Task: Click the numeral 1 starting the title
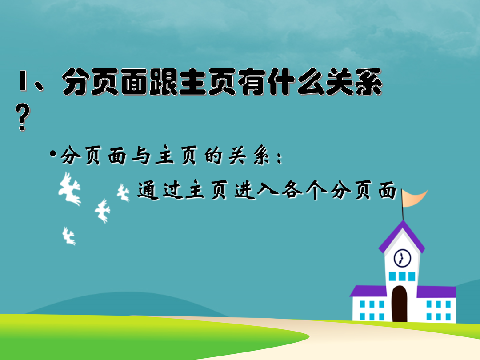23,81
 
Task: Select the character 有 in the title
252,81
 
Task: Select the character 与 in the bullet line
141,156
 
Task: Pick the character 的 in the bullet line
213,156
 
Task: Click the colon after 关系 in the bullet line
279,158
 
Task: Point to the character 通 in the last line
148,190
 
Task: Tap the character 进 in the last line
245,190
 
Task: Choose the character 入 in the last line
268,190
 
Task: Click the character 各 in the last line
292,190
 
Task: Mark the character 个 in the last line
316,190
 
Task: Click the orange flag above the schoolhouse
414,198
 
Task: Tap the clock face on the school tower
402,258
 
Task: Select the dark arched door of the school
400,304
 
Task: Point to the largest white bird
69,189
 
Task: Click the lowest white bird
68,236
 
